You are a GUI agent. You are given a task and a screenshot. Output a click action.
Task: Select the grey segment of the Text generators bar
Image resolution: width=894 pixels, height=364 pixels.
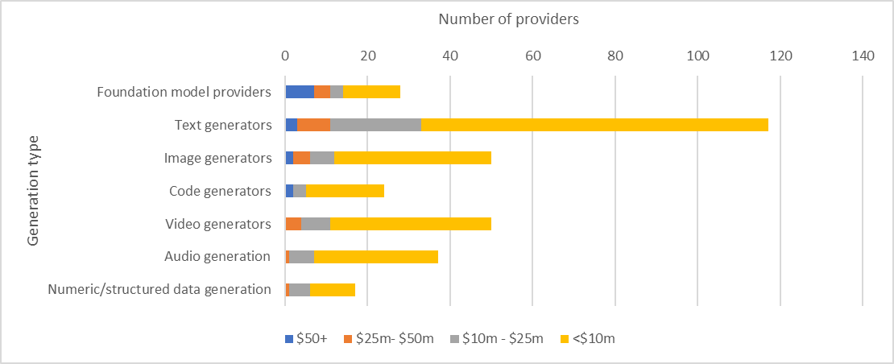[375, 125]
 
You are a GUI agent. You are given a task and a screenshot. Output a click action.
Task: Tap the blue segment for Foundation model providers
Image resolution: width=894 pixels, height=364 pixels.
[300, 92]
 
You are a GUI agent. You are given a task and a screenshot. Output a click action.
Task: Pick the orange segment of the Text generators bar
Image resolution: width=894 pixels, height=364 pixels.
[313, 125]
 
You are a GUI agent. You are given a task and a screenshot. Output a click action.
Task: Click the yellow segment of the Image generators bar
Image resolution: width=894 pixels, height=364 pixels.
[412, 158]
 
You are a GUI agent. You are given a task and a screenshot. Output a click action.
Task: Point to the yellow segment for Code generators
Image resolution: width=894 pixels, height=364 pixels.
[345, 191]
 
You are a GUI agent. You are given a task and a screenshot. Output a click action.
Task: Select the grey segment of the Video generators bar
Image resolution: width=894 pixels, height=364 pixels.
[316, 224]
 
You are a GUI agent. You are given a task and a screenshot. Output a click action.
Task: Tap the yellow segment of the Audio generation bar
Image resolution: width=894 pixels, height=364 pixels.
[376, 257]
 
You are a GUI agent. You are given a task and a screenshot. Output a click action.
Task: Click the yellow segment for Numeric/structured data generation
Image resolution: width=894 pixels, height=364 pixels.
[333, 290]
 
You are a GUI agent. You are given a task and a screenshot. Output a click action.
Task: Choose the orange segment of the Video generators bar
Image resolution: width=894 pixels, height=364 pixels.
[293, 224]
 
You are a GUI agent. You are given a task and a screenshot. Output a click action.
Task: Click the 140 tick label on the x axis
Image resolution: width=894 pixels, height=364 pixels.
[863, 56]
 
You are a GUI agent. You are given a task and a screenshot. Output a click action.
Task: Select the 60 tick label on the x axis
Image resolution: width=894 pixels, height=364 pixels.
[532, 56]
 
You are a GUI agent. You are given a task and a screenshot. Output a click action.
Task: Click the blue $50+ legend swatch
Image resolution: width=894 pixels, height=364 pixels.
[288, 339]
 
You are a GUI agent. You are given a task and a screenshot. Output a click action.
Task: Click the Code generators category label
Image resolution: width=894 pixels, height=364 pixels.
[220, 191]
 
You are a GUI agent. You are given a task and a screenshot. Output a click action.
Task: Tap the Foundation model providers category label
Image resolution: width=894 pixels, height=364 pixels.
[184, 92]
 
